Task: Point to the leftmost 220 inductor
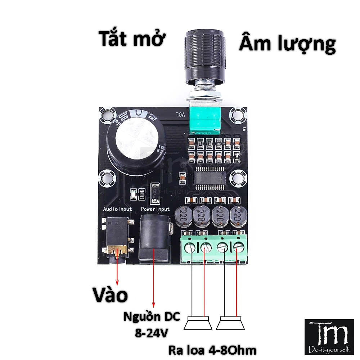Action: [183, 216]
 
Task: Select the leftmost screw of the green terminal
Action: [190, 248]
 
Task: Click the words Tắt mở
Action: [131, 39]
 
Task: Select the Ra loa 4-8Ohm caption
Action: [212, 350]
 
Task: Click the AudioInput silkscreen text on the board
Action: [117, 209]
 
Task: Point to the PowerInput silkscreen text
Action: [155, 209]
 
